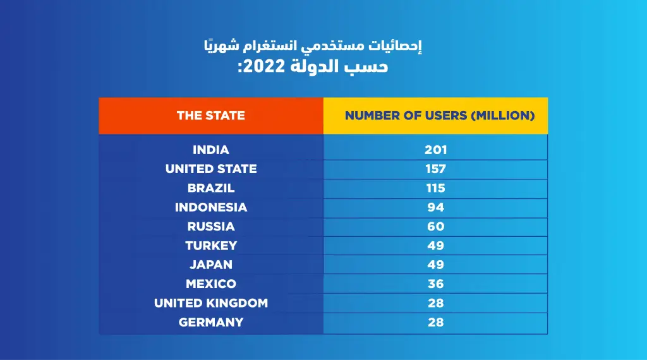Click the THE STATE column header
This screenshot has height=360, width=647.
[x=210, y=116]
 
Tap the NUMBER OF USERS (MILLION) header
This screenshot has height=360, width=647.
[x=435, y=116]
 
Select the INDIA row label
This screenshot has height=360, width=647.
[x=210, y=150]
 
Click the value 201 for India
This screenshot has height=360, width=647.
[x=435, y=150]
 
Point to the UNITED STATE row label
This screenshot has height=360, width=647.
[x=210, y=169]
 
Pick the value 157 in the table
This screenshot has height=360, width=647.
[x=435, y=169]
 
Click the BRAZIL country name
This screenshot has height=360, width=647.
[x=210, y=188]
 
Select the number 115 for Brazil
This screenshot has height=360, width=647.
[x=435, y=188]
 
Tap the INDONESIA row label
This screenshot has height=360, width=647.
[x=210, y=207]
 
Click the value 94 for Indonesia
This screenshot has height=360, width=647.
[x=435, y=207]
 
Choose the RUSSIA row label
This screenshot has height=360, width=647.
[x=210, y=226]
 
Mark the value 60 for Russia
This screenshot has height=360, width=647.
[x=435, y=226]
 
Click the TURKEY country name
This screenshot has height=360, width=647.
[x=210, y=245]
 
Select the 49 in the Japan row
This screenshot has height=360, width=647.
[x=435, y=265]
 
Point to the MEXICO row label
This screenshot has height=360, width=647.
[x=210, y=284]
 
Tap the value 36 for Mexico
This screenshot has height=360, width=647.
[x=435, y=284]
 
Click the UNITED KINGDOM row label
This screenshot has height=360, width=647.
[x=210, y=303]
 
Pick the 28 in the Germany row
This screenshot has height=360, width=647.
[x=435, y=322]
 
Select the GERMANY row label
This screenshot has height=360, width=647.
[x=210, y=322]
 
